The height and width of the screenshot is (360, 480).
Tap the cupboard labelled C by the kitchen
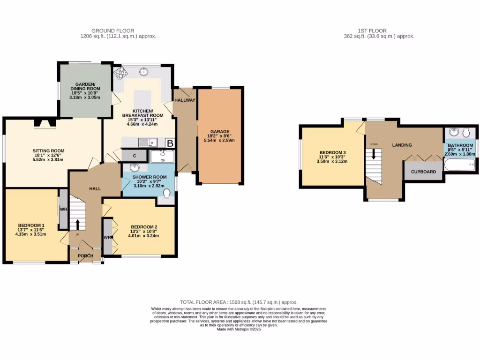click(135, 156)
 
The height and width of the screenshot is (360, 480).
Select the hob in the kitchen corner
click(120, 73)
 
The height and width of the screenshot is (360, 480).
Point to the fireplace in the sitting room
click(45, 123)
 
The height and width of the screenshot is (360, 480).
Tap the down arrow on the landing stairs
click(374, 154)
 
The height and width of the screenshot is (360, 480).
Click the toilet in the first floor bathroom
click(466, 133)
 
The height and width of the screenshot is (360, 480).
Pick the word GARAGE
click(219, 132)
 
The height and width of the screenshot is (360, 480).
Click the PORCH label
click(85, 256)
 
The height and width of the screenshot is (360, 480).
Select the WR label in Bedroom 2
click(107, 238)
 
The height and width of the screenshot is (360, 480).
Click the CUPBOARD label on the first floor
click(424, 172)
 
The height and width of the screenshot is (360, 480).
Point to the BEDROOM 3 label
click(332, 153)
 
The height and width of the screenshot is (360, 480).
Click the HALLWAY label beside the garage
click(185, 100)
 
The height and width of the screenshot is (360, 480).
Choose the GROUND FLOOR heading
click(118, 30)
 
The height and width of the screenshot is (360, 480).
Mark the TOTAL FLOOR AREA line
click(239, 303)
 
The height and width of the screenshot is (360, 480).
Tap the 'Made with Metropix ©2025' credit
click(239, 330)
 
